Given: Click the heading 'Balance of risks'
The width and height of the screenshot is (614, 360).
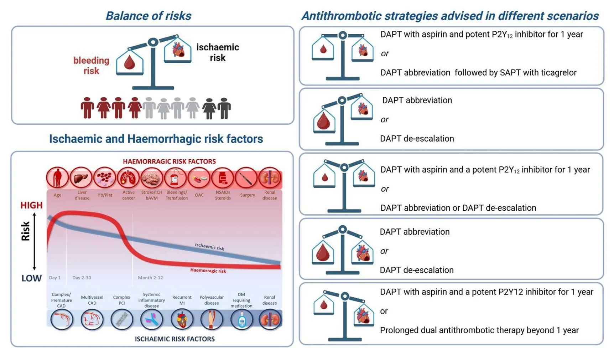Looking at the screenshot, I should tap(149, 16).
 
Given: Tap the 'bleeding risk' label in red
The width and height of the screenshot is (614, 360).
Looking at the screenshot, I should tap(91, 66).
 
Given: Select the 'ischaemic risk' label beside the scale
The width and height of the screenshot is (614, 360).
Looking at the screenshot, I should tap(218, 52).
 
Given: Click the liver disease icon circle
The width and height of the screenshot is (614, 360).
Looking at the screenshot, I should tap(81, 178).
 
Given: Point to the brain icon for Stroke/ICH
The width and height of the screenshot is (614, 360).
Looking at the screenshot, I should tap(152, 178).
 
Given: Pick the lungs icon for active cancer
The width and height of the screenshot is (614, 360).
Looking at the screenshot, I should tap(128, 178).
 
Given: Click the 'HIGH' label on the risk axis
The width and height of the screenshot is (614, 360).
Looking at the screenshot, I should tap(31, 205).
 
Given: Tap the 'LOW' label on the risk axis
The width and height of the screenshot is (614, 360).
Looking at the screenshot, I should tap(31, 278).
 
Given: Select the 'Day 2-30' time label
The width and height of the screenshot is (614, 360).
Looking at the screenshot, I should tap(82, 278).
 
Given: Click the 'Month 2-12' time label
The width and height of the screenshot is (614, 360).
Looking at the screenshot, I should tap(150, 278).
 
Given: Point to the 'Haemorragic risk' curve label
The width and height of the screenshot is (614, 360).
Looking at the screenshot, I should tap(208, 271).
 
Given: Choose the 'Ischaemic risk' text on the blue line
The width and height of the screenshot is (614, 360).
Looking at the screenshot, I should tap(209, 246).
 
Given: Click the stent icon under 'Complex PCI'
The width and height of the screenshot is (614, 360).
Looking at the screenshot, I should tap(122, 319).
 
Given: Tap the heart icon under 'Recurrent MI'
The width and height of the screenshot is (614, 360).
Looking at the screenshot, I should tap(182, 319).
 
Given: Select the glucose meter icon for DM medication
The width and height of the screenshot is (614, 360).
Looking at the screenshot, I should tap(242, 319).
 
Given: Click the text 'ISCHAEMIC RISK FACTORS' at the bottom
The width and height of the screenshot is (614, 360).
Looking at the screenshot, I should tap(175, 339).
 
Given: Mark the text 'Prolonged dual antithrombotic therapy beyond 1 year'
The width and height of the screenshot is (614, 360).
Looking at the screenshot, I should tap(479, 330).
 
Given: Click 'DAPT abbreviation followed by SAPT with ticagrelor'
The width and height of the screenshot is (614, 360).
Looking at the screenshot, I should tap(478, 73).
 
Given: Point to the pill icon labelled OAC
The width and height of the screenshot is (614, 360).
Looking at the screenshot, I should tap(199, 178).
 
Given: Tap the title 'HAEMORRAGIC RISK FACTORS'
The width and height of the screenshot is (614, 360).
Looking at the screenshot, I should tap(169, 161).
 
